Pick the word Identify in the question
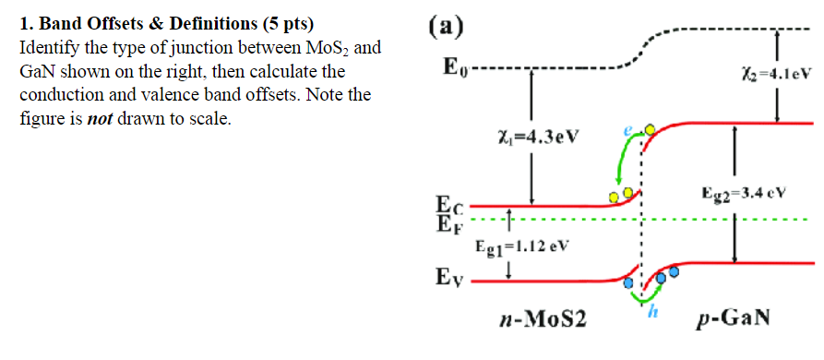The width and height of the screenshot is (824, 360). point(50,46)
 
